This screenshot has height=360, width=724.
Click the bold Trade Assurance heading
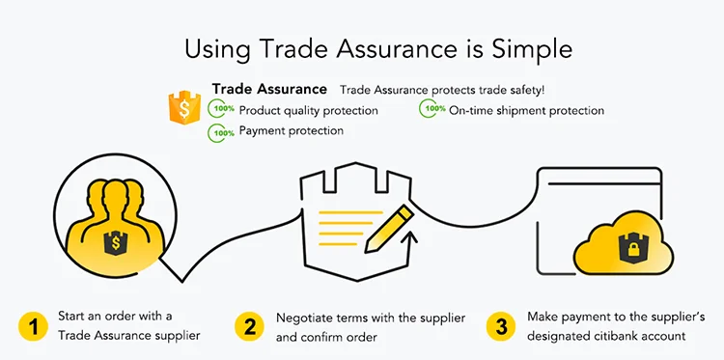click(269, 90)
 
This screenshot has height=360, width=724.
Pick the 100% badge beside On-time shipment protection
click(432, 110)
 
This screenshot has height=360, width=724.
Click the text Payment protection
click(291, 130)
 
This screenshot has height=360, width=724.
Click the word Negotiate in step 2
click(306, 317)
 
